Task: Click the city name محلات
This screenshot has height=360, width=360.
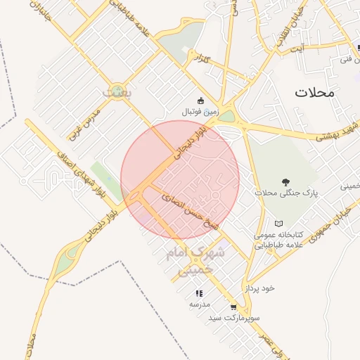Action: coord(314,93)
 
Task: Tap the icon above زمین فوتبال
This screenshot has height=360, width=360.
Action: coord(201,100)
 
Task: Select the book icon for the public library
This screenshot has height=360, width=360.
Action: coord(278,223)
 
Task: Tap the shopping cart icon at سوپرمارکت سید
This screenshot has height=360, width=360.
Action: coord(233,307)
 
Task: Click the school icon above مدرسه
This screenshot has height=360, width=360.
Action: coord(199,293)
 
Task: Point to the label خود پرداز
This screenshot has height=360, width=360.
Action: coord(259,288)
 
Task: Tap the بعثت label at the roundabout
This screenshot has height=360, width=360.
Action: coord(112,91)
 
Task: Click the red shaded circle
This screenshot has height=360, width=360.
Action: coord(180,179)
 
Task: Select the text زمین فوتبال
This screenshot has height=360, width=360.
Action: coord(201,112)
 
